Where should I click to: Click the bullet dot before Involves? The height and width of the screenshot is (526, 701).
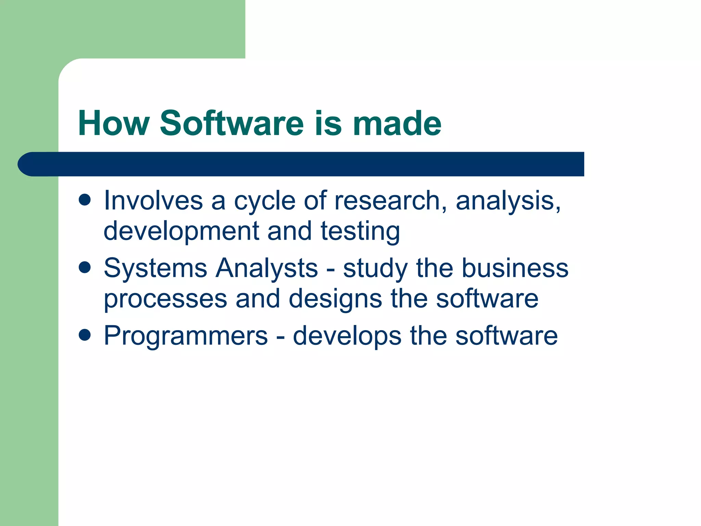tap(85, 200)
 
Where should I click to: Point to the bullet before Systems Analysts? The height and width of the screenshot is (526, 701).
tap(85, 267)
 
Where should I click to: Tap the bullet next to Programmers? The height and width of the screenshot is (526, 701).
tap(85, 335)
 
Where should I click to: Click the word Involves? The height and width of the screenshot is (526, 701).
tap(153, 200)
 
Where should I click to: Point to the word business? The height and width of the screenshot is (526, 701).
tap(515, 268)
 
